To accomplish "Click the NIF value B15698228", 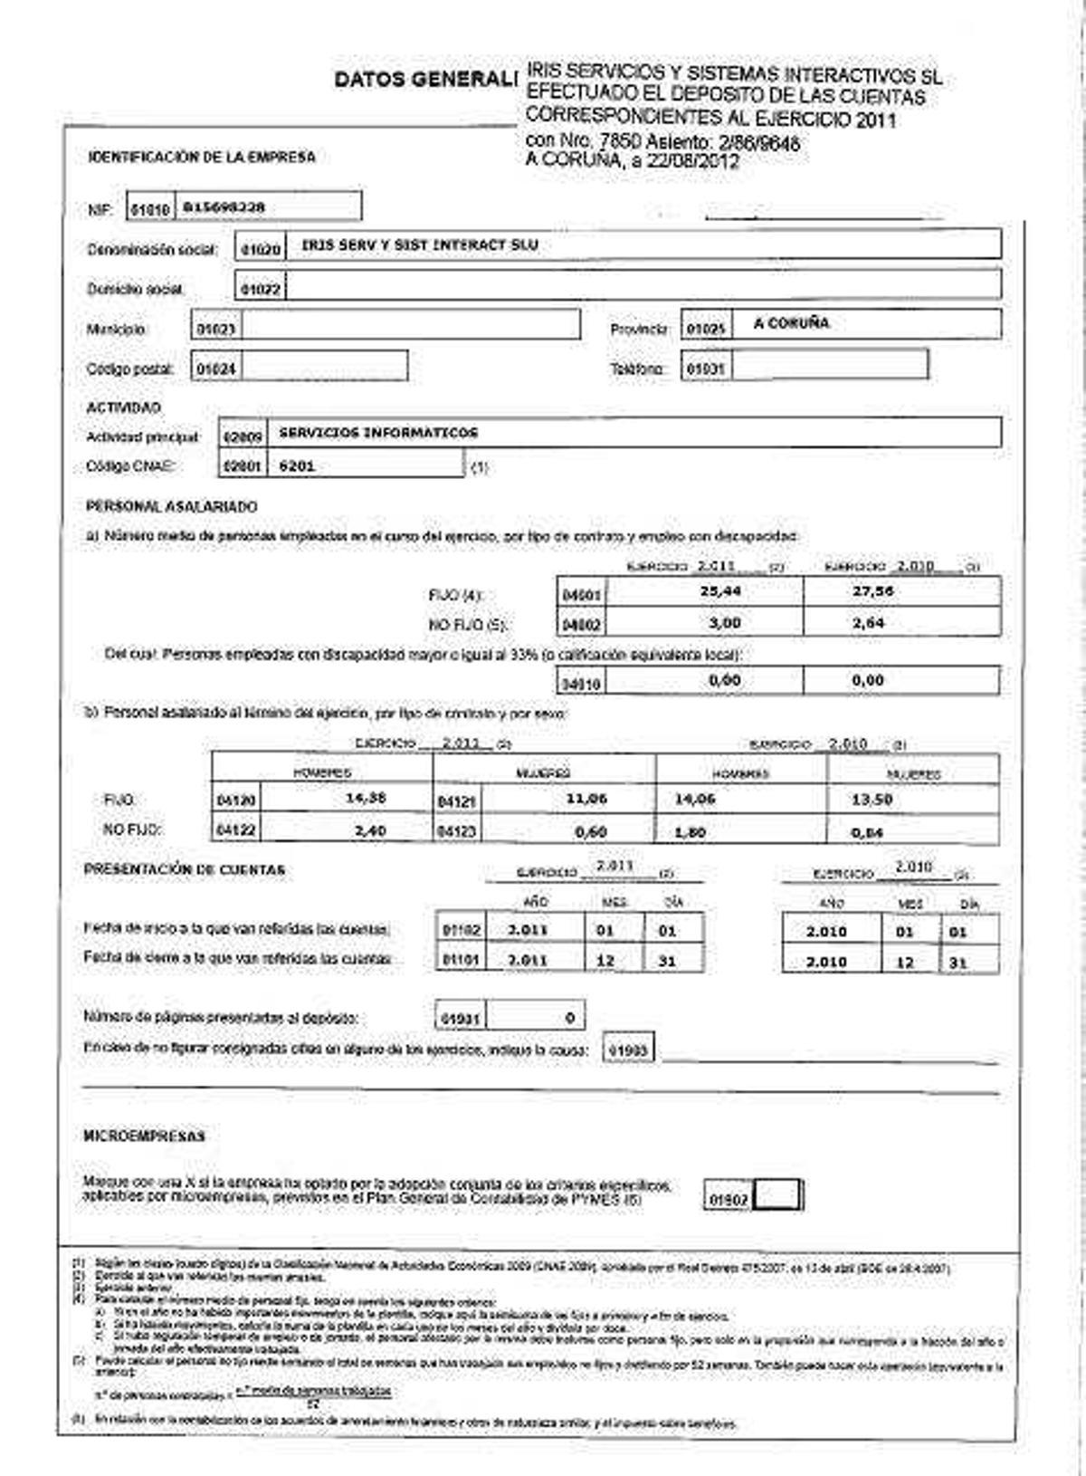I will pos(224,207).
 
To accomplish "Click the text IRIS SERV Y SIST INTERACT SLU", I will pos(420,244).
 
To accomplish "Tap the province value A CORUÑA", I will pos(791,323).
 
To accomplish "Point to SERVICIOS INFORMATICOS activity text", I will pos(378,433).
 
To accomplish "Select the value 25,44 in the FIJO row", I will pos(721,590).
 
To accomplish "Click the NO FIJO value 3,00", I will pos(724,623).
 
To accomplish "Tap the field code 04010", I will pos(582,685).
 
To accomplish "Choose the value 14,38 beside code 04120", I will pos(366,799).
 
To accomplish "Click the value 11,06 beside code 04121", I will pos(586,799).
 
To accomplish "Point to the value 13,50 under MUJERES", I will pos(872,800).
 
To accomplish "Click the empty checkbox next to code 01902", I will pos(777,1195).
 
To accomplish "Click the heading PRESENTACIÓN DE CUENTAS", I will pos(185,870).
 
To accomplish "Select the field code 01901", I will pos(461,1019).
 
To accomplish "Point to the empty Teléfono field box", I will pos(829,365).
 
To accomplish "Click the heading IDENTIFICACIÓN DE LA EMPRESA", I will pos(202,158).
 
